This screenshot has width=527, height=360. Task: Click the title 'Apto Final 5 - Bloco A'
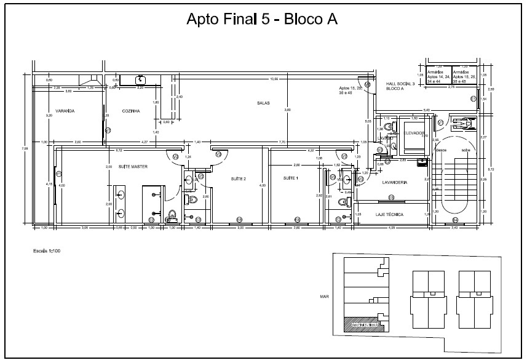pyautogui.click(x=262, y=20)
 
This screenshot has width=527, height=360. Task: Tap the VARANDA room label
pyautogui.click(x=65, y=111)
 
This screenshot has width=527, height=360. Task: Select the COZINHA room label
pyautogui.click(x=131, y=111)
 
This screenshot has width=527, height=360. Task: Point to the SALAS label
pyautogui.click(x=264, y=103)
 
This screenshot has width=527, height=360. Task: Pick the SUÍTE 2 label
pyautogui.click(x=238, y=178)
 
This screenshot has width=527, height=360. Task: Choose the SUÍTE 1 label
pyautogui.click(x=290, y=178)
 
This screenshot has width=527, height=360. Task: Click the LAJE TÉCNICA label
pyautogui.click(x=389, y=215)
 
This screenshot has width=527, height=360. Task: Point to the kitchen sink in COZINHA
pyautogui.click(x=141, y=79)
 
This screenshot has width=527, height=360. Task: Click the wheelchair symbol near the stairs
pyautogui.click(x=460, y=122)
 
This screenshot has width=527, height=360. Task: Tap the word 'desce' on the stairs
pyautogui.click(x=440, y=150)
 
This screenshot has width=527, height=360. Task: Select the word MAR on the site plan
pyautogui.click(x=325, y=296)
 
